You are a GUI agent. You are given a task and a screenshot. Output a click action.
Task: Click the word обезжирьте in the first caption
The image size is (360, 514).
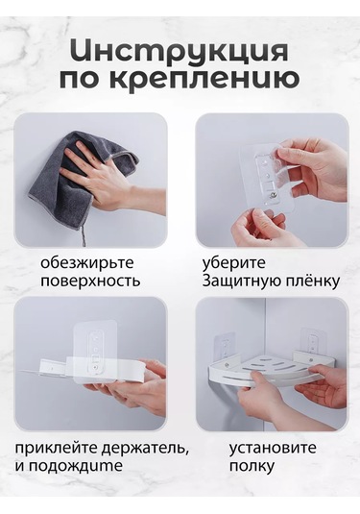coord(87,262)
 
